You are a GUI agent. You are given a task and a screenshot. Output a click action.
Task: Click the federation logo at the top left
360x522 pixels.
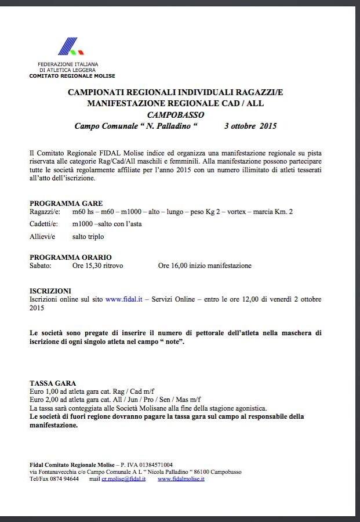(68, 46)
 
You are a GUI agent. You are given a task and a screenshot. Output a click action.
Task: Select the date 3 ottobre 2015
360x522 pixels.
(250, 126)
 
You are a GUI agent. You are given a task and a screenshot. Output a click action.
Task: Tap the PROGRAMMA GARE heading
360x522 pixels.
(66, 204)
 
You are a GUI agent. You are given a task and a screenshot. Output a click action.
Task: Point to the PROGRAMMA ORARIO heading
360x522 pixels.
(71, 257)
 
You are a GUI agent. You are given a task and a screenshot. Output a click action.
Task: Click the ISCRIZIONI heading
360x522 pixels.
(50, 291)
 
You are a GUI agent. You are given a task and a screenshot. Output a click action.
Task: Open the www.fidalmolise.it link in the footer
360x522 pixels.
(181, 480)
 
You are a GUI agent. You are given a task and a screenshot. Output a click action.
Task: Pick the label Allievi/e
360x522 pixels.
(42, 237)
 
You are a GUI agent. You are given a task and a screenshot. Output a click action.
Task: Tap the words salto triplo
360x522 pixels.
(88, 237)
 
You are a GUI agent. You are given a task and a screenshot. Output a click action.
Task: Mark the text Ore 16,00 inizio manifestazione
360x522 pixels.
(205, 266)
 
